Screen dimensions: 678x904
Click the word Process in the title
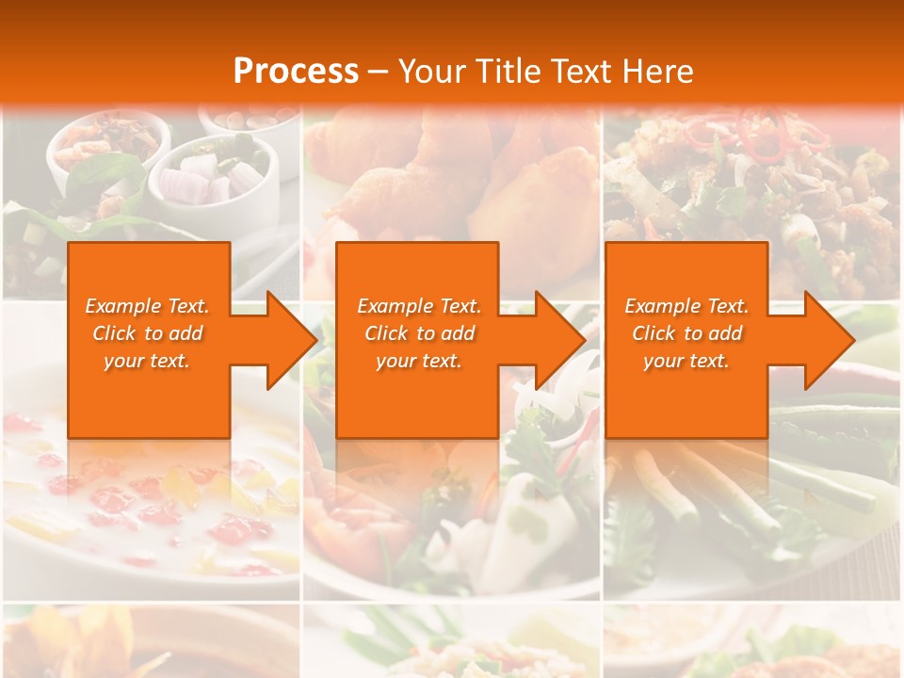296,72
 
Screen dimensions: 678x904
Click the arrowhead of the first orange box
293,340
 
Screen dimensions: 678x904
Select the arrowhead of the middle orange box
561,340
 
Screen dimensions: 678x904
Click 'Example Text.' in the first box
148,306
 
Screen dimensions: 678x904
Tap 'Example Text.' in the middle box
419,306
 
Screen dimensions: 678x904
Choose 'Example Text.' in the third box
686,306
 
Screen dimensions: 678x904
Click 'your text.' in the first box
148,361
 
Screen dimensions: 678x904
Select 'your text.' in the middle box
419,361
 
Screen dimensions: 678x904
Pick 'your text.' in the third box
686,361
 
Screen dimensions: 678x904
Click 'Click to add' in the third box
686,333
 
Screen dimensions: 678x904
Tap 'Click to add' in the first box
148,333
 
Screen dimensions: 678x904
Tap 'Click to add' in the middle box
419,333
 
